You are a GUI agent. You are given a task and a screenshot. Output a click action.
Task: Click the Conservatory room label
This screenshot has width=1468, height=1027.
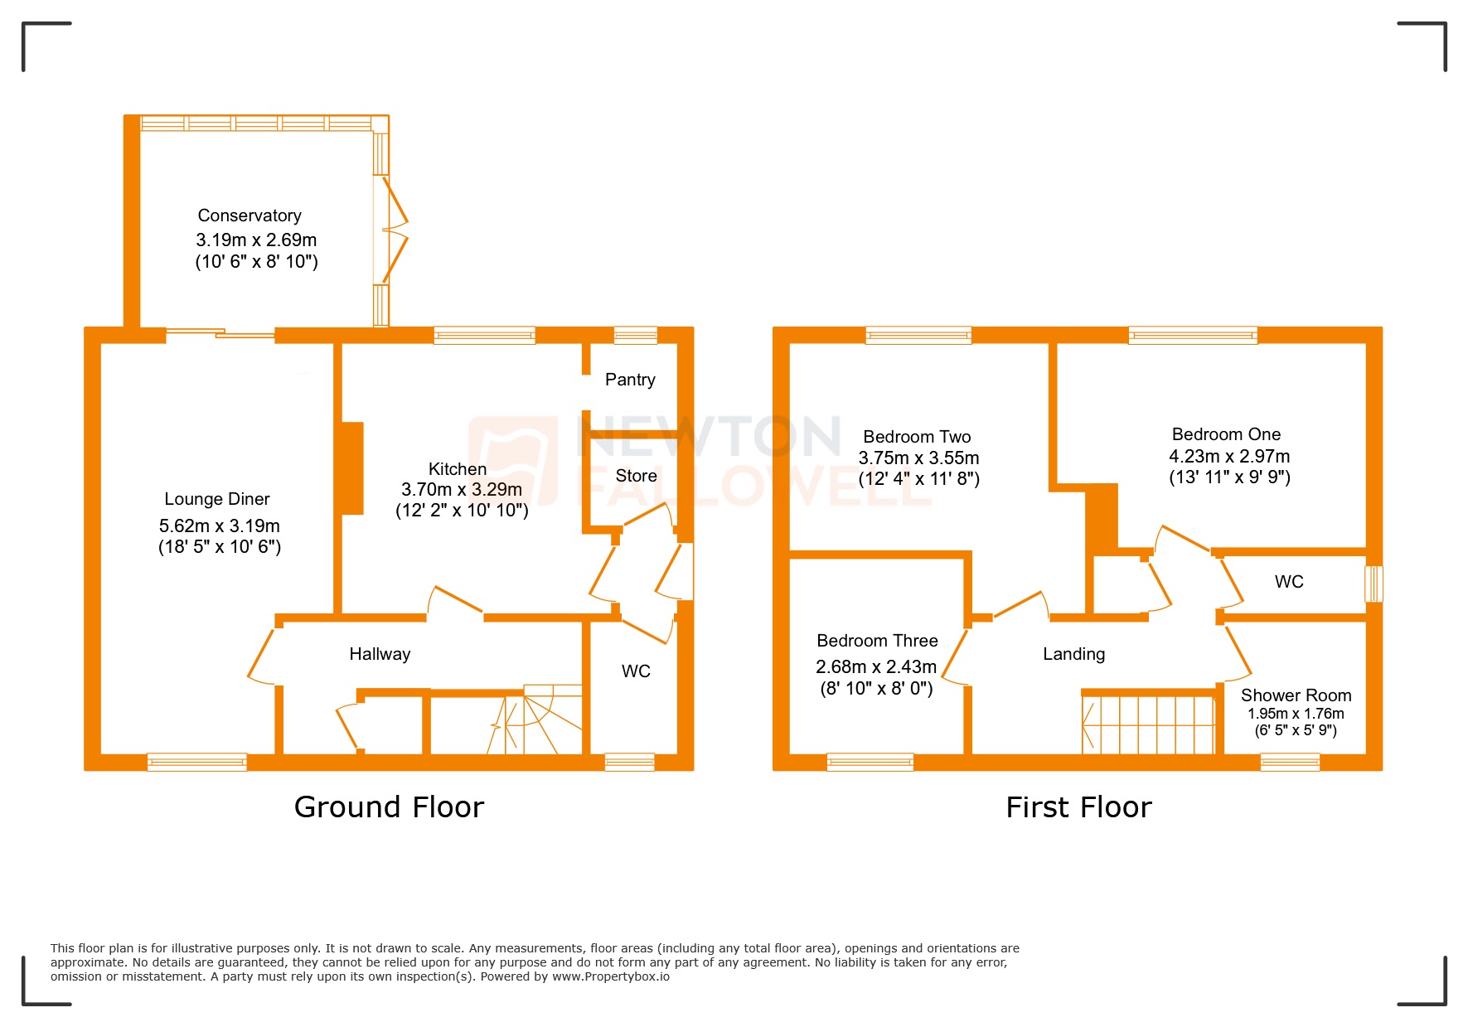pyautogui.click(x=250, y=216)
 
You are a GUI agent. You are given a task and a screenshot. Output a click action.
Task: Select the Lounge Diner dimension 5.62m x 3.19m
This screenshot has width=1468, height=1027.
pyautogui.click(x=220, y=526)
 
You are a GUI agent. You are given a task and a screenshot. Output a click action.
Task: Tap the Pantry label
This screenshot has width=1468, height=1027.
pyautogui.click(x=630, y=380)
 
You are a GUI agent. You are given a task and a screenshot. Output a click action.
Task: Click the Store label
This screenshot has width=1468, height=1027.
pyautogui.click(x=636, y=476)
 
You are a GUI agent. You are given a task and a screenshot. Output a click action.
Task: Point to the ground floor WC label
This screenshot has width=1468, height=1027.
pyautogui.click(x=636, y=671)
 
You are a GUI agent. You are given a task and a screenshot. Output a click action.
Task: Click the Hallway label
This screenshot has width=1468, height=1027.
pyautogui.click(x=380, y=654)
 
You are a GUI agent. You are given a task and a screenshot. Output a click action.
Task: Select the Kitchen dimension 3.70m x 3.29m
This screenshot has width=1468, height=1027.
pyautogui.click(x=462, y=490)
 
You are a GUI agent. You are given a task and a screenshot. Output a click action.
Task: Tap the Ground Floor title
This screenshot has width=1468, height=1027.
pyautogui.click(x=389, y=807)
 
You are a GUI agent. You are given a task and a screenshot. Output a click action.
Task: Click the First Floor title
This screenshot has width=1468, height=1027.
pyautogui.click(x=1078, y=807)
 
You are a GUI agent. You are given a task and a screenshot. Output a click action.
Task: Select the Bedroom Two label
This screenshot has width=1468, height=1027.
pyautogui.click(x=917, y=437)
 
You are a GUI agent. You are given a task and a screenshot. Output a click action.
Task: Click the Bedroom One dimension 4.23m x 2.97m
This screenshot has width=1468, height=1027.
pyautogui.click(x=1229, y=456)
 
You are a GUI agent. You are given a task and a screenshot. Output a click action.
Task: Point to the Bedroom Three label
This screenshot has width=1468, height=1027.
pyautogui.click(x=877, y=641)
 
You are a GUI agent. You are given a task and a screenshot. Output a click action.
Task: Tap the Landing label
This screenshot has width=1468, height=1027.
pyautogui.click(x=1073, y=654)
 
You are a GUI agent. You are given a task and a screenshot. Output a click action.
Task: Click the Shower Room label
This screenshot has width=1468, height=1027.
pyautogui.click(x=1296, y=695)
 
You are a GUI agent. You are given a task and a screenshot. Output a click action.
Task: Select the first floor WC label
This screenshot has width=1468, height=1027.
pyautogui.click(x=1289, y=582)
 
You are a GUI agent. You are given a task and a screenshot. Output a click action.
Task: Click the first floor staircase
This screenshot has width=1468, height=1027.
pyautogui.click(x=1148, y=724)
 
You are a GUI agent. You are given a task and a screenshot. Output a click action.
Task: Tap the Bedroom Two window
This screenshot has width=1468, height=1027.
pyautogui.click(x=918, y=336)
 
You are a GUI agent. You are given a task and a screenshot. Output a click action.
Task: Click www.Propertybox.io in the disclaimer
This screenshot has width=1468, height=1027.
pyautogui.click(x=611, y=976)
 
